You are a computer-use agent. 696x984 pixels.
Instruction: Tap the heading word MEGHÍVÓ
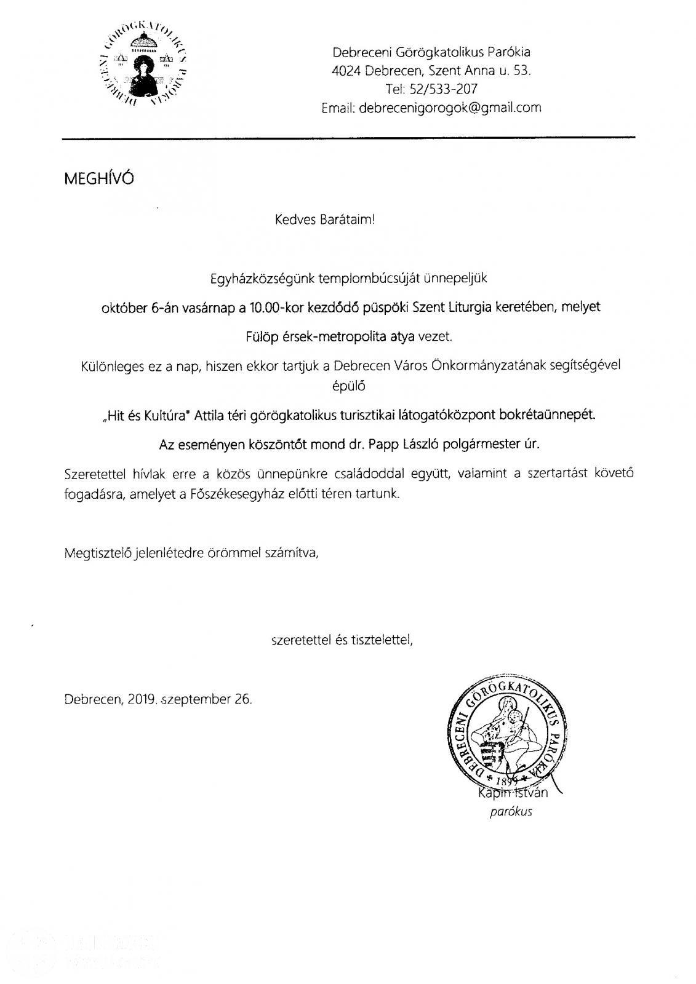point(98,178)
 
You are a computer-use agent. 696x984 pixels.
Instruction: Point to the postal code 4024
point(345,71)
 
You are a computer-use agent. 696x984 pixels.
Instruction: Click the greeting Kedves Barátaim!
point(325,220)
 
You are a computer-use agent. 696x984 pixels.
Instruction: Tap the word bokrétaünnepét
point(557,415)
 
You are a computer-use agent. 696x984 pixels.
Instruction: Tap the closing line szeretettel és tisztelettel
point(342,640)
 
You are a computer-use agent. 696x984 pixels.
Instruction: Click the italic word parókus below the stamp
point(511,812)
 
